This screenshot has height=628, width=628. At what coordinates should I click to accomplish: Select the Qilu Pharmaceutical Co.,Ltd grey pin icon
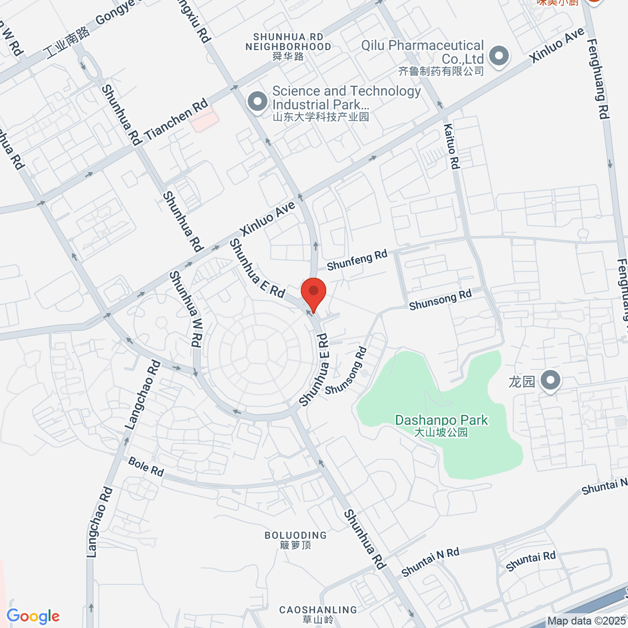[x=499, y=56]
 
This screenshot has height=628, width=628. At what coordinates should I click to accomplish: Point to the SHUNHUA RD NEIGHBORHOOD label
[x=288, y=46]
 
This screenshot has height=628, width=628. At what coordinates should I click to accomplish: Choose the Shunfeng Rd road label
[x=357, y=260]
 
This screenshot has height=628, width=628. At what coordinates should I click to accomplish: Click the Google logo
[x=33, y=616]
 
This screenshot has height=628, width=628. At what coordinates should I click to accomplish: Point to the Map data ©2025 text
[x=586, y=621]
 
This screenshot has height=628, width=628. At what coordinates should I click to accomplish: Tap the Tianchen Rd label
[x=176, y=120]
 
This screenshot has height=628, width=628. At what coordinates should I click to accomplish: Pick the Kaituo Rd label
[x=451, y=147]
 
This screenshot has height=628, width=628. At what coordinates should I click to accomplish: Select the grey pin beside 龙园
[x=550, y=382]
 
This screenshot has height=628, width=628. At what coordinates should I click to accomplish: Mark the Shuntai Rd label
[x=531, y=561]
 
